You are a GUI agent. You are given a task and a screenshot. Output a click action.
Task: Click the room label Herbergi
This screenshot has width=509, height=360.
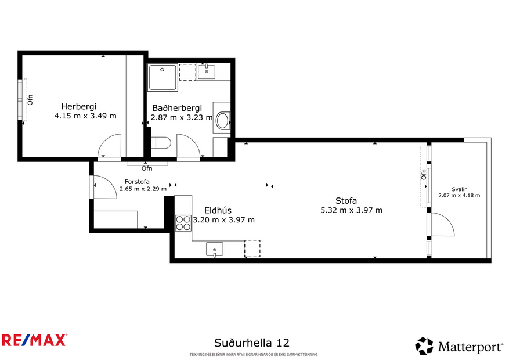tap(79, 106)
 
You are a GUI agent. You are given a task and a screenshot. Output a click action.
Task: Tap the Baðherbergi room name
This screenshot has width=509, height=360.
tap(177, 108)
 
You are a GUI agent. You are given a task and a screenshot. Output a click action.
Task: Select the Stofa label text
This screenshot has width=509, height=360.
tap(346, 201)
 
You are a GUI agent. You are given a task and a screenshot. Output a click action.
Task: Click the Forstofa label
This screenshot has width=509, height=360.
tap(137, 181)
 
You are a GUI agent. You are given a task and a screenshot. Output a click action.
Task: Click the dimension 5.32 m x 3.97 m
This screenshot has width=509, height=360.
tap(351, 210)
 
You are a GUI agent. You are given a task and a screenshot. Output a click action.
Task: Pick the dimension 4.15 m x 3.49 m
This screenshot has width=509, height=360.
tap(85, 116)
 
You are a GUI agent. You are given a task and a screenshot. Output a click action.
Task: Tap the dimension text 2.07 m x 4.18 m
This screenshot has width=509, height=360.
tap(459, 196)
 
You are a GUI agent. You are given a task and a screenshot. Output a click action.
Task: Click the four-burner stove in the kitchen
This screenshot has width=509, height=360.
tap(183, 223)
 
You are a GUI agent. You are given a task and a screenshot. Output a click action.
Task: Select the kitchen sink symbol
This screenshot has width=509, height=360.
tap(215, 250)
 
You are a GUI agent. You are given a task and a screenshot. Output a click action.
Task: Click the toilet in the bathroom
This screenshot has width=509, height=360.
tap(160, 142)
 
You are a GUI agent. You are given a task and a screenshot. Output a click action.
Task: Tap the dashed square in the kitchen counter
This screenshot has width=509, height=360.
tap(252, 249)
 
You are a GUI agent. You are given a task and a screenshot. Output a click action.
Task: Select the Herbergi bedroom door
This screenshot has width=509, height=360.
tap(109, 146)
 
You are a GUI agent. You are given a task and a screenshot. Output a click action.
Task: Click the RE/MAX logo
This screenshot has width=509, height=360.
tap(34, 340)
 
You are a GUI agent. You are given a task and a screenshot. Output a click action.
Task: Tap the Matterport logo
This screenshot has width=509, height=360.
tap(459, 347)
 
